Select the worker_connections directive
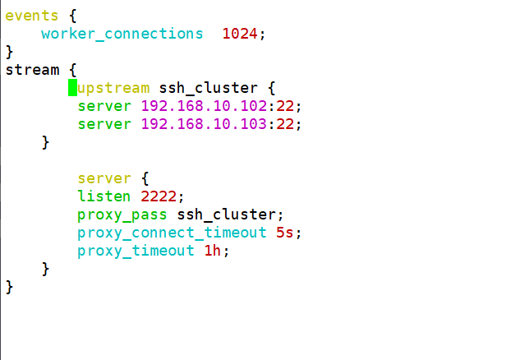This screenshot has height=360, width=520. point(122,34)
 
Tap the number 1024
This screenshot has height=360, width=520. point(243,34)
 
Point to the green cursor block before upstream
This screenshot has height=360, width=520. point(72,88)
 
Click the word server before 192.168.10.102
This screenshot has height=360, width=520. point(104,106)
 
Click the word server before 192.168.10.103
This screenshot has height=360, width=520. point(104,124)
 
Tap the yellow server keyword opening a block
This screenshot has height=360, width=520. point(104,178)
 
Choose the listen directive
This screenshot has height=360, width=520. point(104,196)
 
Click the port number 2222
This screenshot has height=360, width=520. point(158,196)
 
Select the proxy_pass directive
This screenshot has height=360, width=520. point(122,215)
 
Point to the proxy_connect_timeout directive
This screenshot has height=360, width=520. point(172,233)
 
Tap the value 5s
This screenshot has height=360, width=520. point(284,233)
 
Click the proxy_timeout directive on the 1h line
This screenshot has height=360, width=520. point(136,251)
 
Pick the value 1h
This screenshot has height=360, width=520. point(212,251)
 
